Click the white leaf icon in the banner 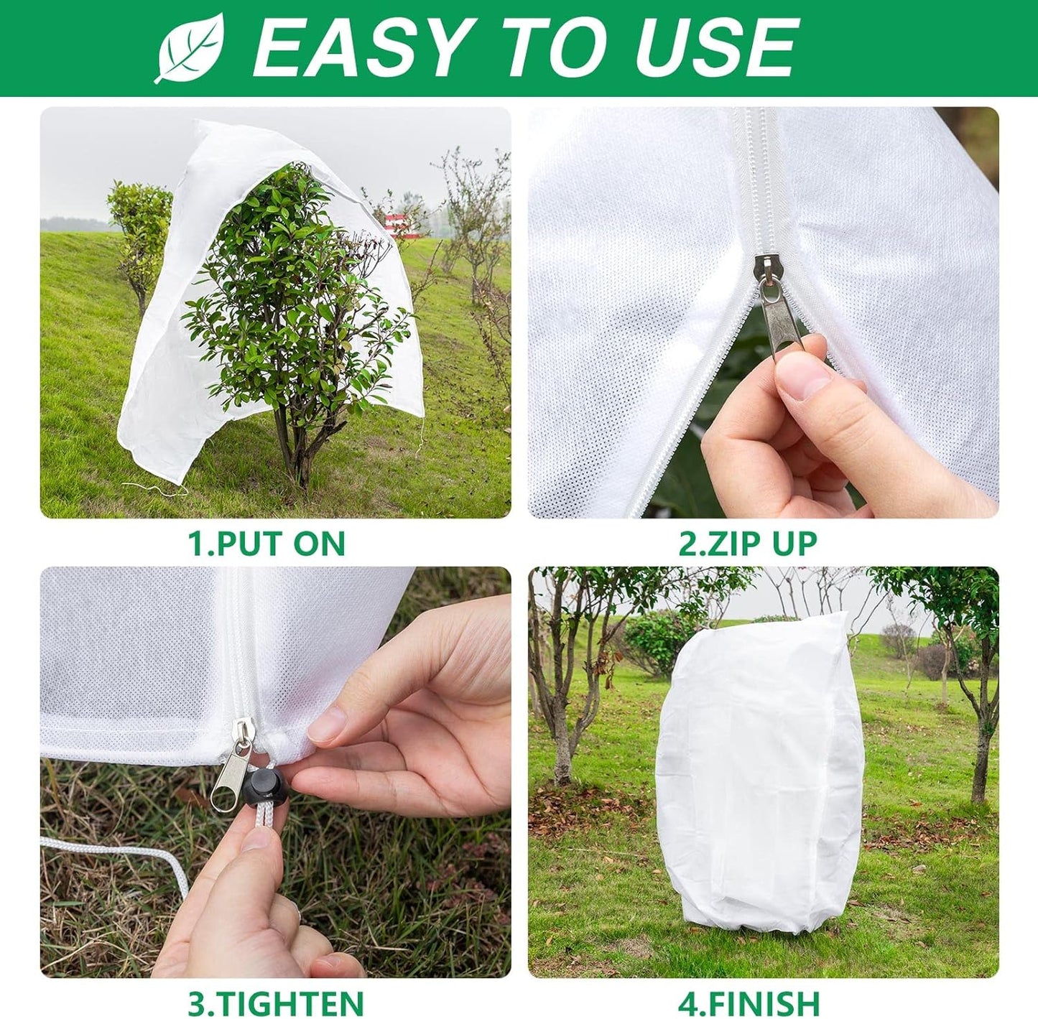[190, 48]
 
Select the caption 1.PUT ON [267, 543]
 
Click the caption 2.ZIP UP [748, 543]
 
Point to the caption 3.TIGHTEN [276, 1001]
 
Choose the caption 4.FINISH [749, 1001]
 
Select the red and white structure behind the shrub [399, 223]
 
